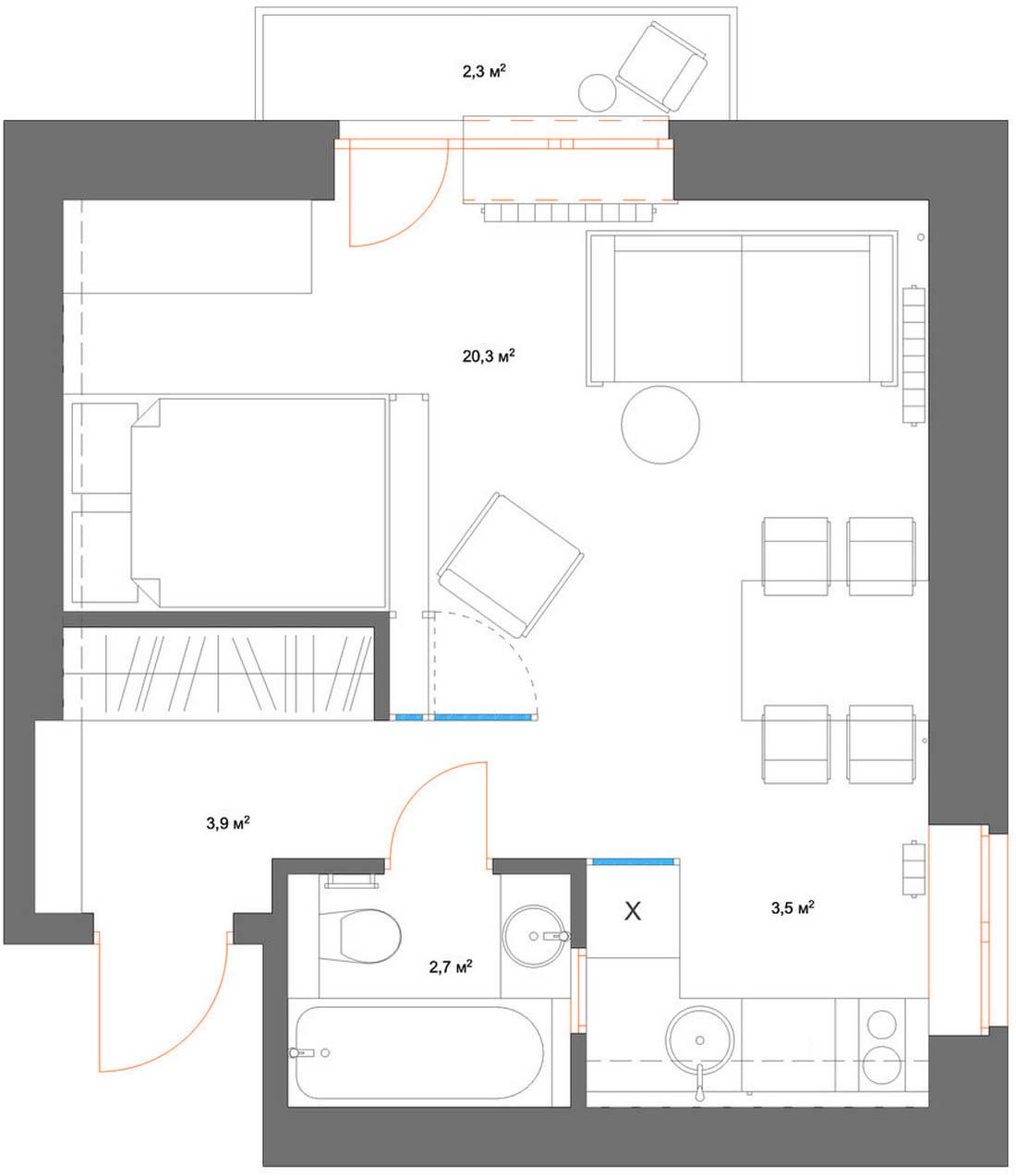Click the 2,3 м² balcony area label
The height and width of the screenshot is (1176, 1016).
tap(484, 72)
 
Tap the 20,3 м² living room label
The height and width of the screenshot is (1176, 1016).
tap(489, 356)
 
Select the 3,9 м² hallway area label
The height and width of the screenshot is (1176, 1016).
tap(228, 823)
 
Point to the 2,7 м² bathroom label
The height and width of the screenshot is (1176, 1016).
tap(451, 967)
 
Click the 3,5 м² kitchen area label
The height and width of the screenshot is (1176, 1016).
tap(792, 907)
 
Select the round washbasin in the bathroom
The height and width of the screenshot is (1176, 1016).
tap(535, 936)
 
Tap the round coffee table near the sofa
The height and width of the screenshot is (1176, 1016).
tap(660, 425)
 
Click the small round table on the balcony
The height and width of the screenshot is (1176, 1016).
tap(597, 93)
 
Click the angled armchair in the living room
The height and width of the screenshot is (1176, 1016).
tap(511, 566)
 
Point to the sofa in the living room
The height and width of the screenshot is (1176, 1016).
tap(742, 309)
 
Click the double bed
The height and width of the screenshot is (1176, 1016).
tap(230, 503)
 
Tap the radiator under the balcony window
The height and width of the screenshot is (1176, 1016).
tap(570, 212)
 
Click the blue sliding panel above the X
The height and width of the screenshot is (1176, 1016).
tap(634, 862)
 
